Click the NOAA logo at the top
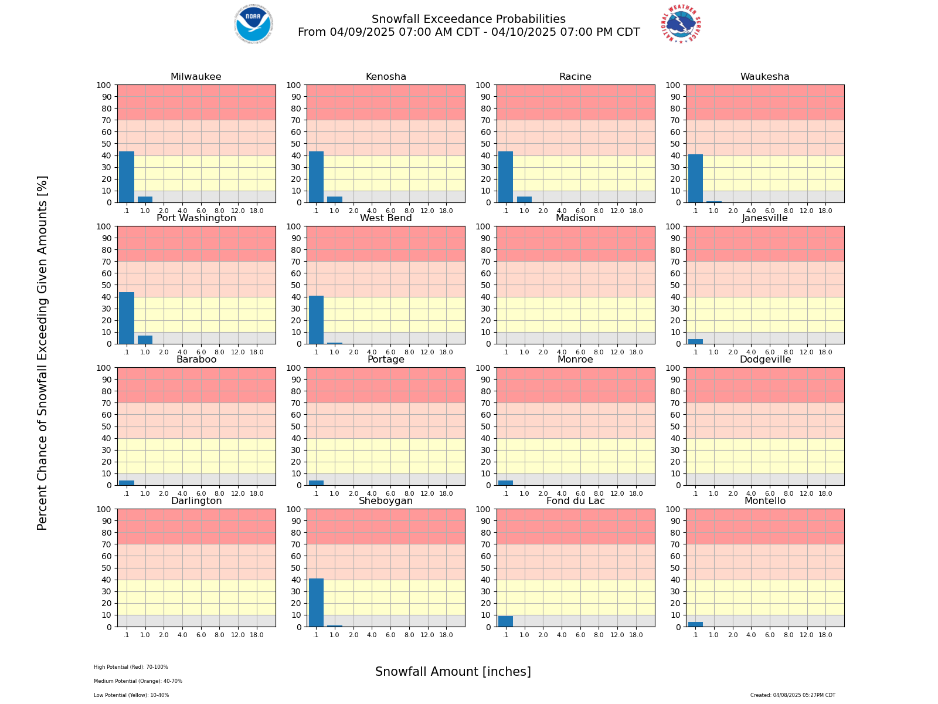253,24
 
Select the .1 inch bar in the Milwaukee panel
127,177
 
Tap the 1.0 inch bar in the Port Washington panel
145,340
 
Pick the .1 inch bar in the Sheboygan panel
316,603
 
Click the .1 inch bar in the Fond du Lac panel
505,621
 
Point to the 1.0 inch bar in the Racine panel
524,199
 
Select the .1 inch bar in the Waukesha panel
695,178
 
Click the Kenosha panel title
386,77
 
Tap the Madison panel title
575,218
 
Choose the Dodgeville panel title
765,360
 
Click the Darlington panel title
196,501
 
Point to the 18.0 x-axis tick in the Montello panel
825,635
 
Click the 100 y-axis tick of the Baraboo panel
105,368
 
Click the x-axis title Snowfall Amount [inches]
453,672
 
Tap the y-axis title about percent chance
42,353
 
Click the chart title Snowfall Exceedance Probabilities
468,19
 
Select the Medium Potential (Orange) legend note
138,681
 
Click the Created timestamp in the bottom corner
793,695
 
